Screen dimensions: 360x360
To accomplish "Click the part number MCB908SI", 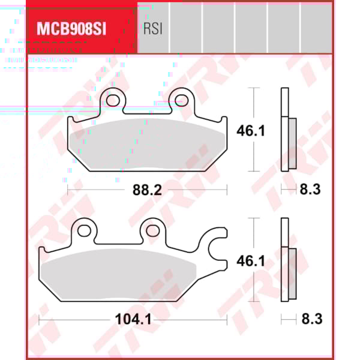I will pos(71,28).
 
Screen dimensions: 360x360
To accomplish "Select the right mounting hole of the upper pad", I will pos(182,99).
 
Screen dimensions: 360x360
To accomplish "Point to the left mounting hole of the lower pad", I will pos(85,229).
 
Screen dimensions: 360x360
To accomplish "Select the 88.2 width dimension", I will pos(146,190).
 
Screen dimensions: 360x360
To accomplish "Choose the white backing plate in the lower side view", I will pos(284,258).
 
